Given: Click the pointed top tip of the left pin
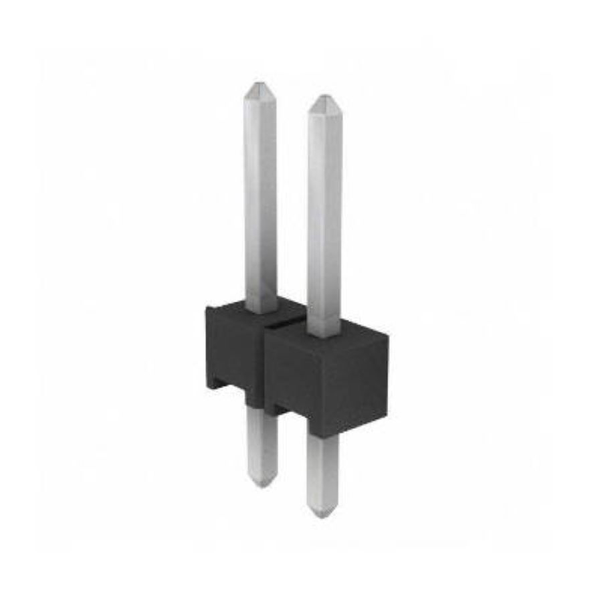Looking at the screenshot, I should pyautogui.click(x=258, y=85).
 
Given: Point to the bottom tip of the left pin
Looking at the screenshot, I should pyautogui.click(x=262, y=483).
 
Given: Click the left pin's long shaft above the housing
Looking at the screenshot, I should pyautogui.click(x=260, y=201).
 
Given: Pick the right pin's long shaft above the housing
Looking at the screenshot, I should pyautogui.click(x=324, y=214).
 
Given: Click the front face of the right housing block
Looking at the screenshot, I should pyautogui.click(x=321, y=388).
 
